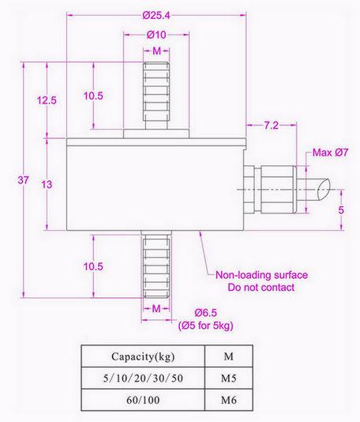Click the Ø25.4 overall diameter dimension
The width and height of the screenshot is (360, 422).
(x=157, y=14)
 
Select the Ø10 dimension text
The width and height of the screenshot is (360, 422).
(x=156, y=36)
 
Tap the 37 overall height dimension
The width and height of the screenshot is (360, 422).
(x=23, y=181)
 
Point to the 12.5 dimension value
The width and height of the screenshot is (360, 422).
(x=47, y=100)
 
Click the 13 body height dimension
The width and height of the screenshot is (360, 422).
(x=47, y=183)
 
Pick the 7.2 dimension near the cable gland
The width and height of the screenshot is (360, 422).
(x=272, y=125)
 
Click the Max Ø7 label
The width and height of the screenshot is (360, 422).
(x=331, y=152)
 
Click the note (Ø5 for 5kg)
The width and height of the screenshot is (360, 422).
(x=206, y=326)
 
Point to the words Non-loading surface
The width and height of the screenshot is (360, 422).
(x=261, y=275)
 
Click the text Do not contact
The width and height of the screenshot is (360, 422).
(x=261, y=288)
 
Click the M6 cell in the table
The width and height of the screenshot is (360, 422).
(x=228, y=401)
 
